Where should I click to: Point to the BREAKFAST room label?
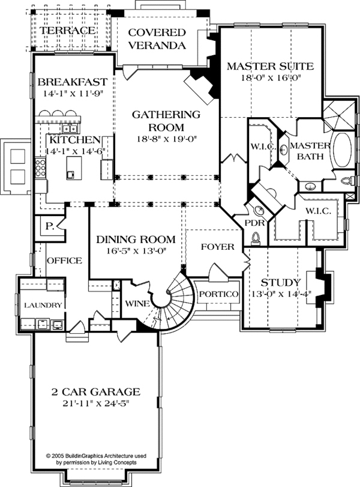click(x=72, y=82)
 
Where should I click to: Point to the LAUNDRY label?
click(x=43, y=306)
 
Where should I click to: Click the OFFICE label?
click(x=64, y=261)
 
